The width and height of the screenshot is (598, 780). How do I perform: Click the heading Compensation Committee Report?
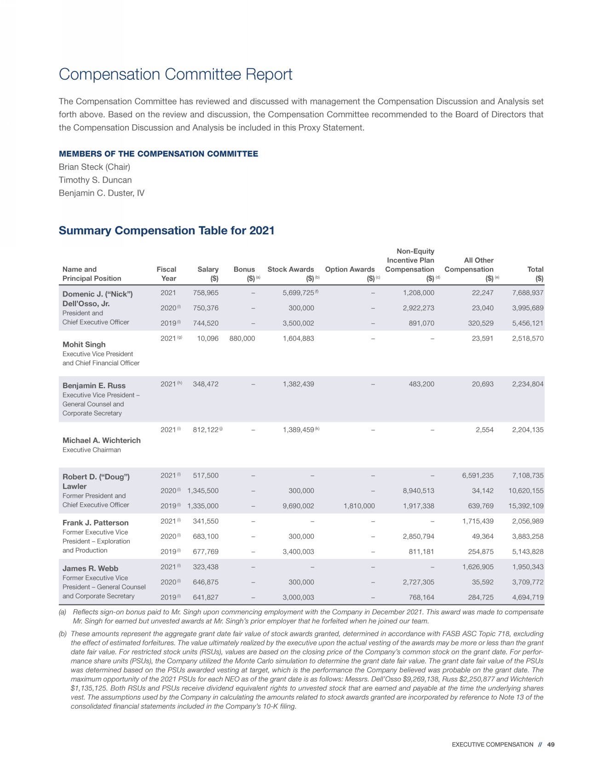(175, 75)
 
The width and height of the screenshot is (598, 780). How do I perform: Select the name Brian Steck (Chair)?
(94, 167)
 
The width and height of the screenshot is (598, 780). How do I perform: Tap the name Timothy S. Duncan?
(95, 180)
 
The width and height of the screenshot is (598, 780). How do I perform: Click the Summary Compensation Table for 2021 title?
(167, 231)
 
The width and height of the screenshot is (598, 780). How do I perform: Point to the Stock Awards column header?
(291, 269)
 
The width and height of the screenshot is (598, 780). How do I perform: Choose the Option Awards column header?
(350, 269)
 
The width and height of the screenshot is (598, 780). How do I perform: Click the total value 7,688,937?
(528, 293)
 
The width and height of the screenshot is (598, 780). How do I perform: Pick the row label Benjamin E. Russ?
(94, 386)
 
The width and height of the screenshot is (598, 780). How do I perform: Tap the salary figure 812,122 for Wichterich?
(206, 430)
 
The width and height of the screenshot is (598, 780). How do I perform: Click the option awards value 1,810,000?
(359, 506)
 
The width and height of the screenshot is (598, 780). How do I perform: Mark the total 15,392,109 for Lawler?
(526, 506)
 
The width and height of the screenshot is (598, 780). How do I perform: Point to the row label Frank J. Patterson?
(95, 523)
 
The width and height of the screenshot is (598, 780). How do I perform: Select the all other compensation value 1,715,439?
(477, 521)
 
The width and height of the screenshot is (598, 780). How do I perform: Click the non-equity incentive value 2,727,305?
(418, 582)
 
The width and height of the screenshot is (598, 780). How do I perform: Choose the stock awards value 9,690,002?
(298, 506)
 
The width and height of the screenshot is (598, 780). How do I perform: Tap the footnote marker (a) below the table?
(63, 612)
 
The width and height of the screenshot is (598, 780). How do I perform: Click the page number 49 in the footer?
(551, 745)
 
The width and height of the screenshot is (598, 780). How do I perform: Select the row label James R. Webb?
(90, 569)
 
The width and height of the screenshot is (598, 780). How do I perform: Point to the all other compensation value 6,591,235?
(477, 476)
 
